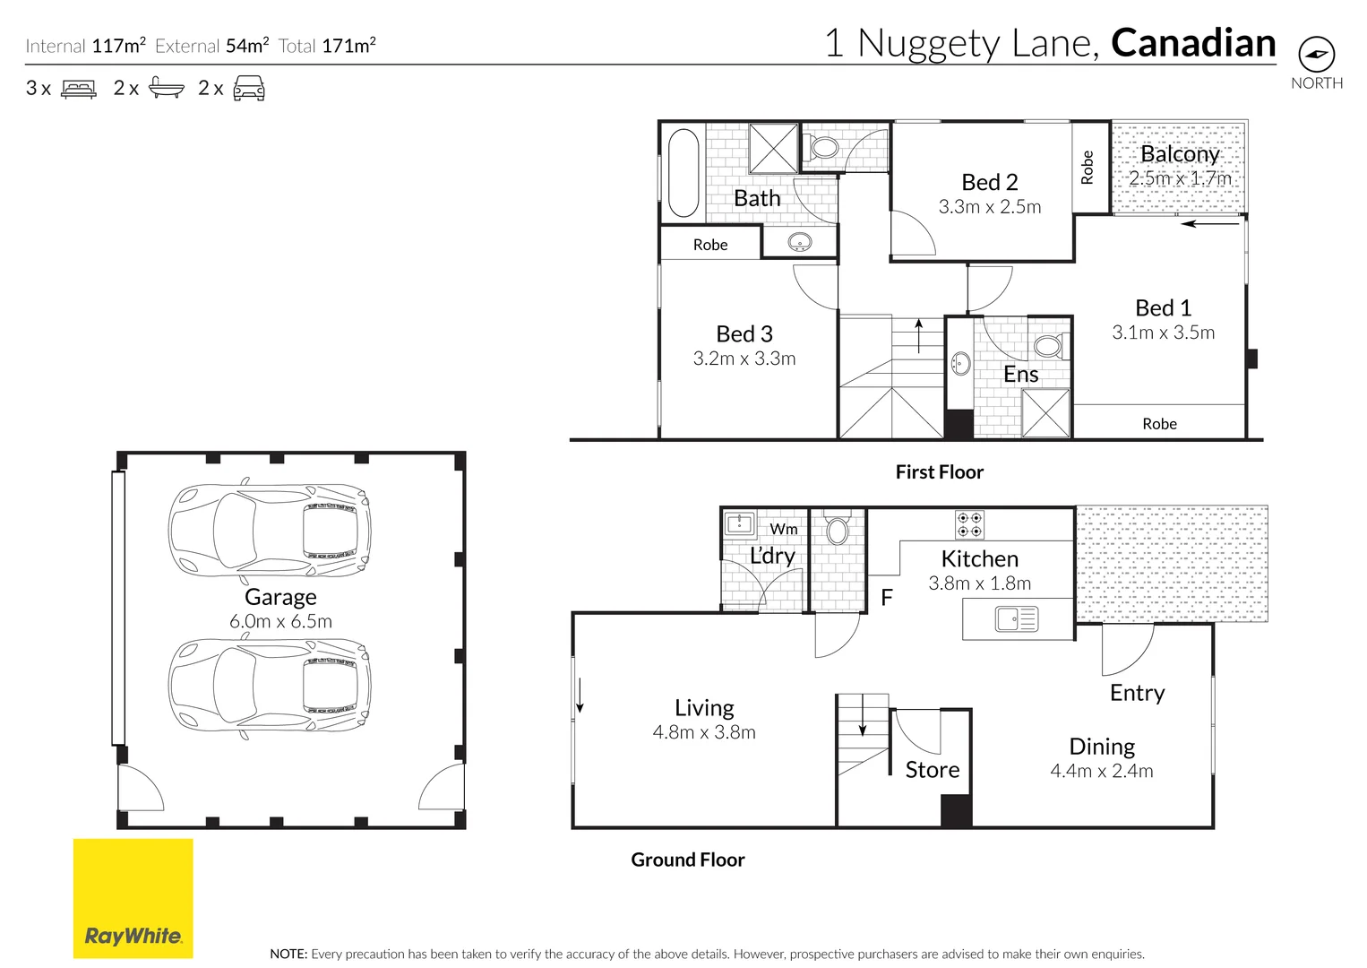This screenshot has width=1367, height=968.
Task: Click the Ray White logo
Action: click(133, 899)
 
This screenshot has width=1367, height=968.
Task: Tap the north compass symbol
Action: click(1316, 55)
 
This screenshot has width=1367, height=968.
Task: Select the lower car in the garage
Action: click(269, 686)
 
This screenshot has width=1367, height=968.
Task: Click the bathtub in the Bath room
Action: click(683, 173)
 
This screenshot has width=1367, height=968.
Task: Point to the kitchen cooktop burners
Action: click(969, 523)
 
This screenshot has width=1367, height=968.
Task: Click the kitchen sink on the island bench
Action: click(1016, 619)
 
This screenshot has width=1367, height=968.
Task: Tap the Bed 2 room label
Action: click(989, 182)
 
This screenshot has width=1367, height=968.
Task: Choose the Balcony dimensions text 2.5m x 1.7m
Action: click(1180, 178)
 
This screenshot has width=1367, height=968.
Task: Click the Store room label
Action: click(932, 770)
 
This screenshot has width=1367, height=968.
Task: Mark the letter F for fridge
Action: click(887, 598)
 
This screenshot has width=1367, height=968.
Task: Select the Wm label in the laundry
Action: click(784, 529)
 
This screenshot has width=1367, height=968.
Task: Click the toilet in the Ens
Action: click(1048, 346)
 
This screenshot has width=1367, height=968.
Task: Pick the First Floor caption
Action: click(939, 472)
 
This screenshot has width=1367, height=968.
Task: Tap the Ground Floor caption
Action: click(687, 860)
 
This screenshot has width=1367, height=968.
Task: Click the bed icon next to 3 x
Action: click(79, 89)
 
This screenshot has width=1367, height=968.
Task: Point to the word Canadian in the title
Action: click(1193, 43)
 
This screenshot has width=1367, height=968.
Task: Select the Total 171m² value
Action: click(348, 46)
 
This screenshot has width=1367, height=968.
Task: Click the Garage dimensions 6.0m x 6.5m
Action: click(280, 621)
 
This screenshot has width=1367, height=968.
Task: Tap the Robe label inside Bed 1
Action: click(1159, 424)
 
